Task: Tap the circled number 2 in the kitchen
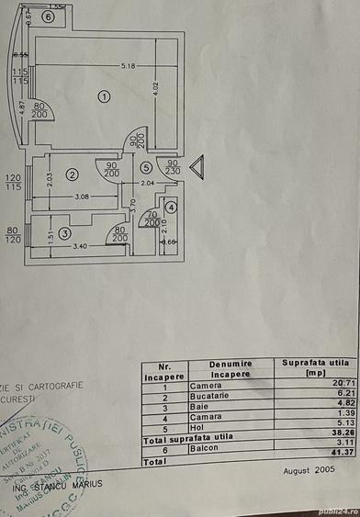point(72,174)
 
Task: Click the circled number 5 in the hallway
point(146,167)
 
